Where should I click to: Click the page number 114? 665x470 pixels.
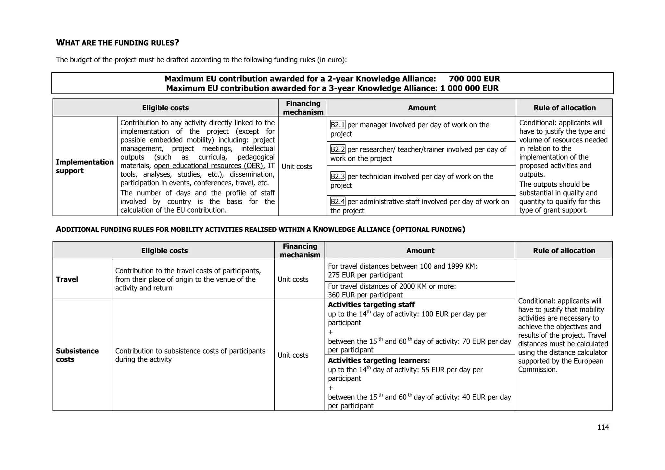point(603,427)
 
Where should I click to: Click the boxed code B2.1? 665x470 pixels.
point(338,125)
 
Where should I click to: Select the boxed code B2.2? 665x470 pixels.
point(338,150)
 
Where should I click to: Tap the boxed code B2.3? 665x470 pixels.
point(338,177)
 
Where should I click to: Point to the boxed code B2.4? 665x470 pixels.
point(338,202)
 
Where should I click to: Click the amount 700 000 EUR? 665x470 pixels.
point(474,79)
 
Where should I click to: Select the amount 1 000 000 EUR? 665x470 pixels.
point(469,88)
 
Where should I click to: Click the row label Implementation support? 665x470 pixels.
point(84,166)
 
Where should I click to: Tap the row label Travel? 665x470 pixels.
point(67,279)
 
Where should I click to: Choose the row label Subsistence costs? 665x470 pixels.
point(77,355)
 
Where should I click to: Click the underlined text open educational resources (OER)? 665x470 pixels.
point(209,166)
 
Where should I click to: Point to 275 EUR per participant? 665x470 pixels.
point(365,275)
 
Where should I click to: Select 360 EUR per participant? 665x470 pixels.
point(365,295)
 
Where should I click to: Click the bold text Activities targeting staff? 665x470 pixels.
point(371,305)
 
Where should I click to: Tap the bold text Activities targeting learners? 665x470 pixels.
point(379,361)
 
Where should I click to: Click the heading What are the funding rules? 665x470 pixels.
point(118,43)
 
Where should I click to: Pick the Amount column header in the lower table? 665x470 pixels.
point(420,251)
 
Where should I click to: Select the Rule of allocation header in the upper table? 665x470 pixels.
point(564,108)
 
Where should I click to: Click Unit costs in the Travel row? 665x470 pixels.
point(293,279)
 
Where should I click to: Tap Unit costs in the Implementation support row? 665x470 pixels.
point(297,167)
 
